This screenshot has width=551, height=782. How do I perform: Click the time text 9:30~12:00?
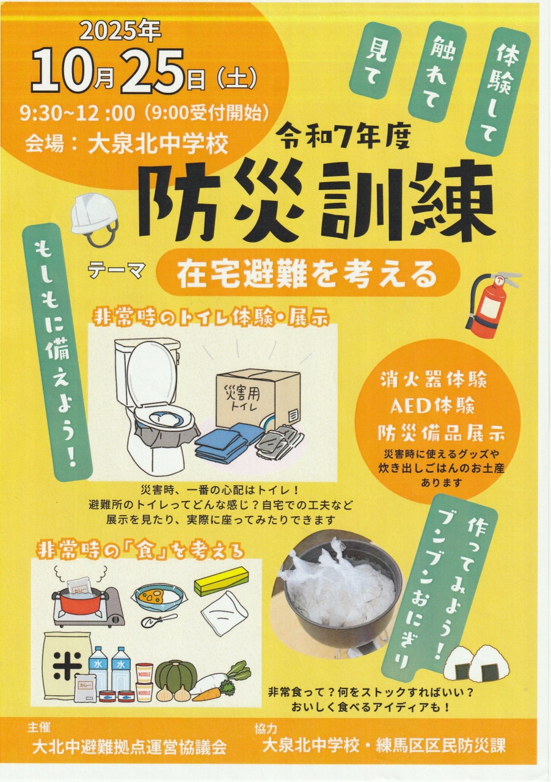(77, 114)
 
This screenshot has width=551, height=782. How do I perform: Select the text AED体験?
(432, 407)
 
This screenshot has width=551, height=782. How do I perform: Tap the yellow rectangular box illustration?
(221, 581)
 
